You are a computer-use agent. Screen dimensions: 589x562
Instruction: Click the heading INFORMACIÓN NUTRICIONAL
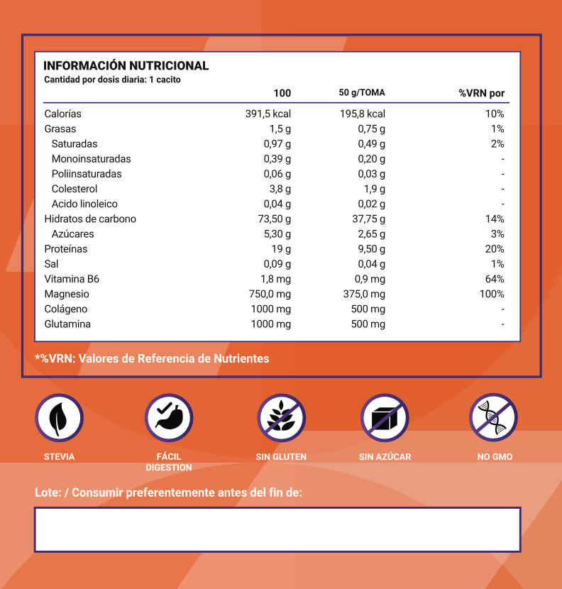pyautogui.click(x=126, y=66)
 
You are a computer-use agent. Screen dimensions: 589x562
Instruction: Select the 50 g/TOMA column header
pyautogui.click(x=362, y=93)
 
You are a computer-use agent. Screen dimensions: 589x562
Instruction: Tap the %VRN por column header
pyautogui.click(x=481, y=93)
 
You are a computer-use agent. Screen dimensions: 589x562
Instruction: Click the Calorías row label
pyautogui.click(x=63, y=114)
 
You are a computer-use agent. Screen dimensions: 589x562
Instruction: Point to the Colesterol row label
pyautogui.click(x=75, y=189)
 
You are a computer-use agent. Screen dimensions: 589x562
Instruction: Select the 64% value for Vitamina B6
pyautogui.click(x=495, y=279)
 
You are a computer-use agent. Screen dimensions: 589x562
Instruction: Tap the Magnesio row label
pyautogui.click(x=67, y=294)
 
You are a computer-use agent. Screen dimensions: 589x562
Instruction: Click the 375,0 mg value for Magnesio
pyautogui.click(x=364, y=294)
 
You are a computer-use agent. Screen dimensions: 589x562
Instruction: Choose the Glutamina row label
pyautogui.click(x=67, y=324)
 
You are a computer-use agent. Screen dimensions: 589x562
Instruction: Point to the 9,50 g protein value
pyautogui.click(x=369, y=249)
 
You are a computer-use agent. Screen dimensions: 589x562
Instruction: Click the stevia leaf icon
pyautogui.click(x=59, y=418)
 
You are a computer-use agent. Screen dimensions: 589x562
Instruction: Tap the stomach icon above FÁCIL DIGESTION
pyautogui.click(x=169, y=418)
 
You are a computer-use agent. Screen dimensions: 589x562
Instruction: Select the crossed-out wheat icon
pyautogui.click(x=281, y=418)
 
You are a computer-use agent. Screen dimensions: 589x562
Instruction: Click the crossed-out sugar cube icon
pyautogui.click(x=385, y=418)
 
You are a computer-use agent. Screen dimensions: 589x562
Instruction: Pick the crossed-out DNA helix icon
pyautogui.click(x=494, y=418)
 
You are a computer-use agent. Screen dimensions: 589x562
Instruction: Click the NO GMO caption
pyautogui.click(x=495, y=457)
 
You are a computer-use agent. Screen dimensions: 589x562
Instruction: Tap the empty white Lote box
pyautogui.click(x=277, y=529)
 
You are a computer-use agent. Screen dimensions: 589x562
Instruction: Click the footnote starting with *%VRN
pyautogui.click(x=152, y=358)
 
